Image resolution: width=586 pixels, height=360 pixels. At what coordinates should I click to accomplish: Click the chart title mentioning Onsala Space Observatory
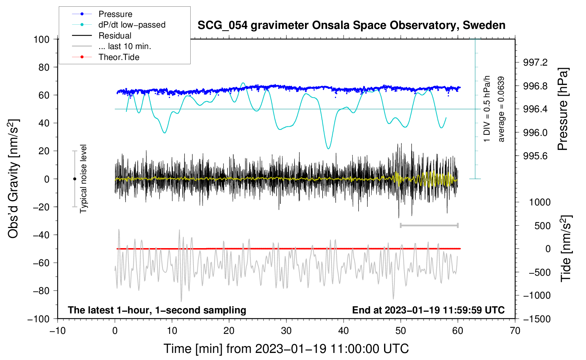point(351,25)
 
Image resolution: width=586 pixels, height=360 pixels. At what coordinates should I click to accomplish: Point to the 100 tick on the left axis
point(41,39)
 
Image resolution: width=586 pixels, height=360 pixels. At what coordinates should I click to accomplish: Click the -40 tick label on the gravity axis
point(41,235)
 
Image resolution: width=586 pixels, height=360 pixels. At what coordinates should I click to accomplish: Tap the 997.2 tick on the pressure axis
point(535,62)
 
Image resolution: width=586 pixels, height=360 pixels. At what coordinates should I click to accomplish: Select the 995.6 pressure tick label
point(535,156)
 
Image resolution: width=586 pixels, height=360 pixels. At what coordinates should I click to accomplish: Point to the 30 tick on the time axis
point(286,331)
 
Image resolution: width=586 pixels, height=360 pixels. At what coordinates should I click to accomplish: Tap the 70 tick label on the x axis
point(515,331)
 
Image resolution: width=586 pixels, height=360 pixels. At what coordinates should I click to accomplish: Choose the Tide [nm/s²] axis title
point(566,248)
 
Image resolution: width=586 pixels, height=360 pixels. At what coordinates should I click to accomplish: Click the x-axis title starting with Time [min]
point(286,348)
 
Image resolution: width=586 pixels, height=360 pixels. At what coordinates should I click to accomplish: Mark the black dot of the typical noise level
point(74,179)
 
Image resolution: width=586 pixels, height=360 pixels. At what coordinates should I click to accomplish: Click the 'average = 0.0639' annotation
point(501,109)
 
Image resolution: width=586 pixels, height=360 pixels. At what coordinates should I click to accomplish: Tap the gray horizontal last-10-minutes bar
point(429,225)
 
